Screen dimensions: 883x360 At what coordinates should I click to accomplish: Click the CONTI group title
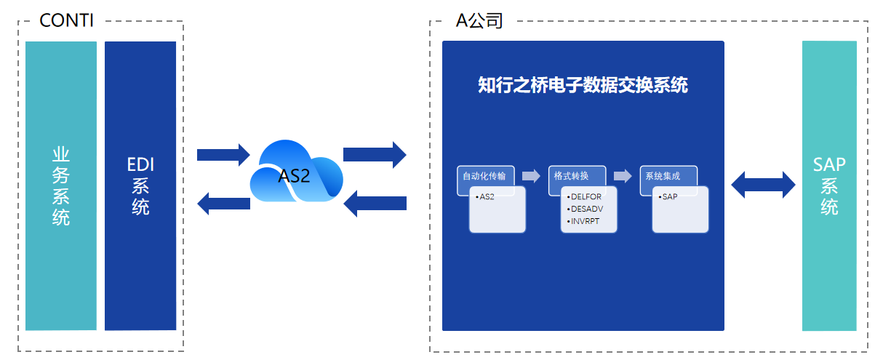tap(66, 20)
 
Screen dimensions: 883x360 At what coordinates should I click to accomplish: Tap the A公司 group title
tap(479, 20)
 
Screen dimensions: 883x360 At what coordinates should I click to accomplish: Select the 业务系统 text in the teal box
tap(61, 186)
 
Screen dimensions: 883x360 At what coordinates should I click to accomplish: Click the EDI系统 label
tap(140, 186)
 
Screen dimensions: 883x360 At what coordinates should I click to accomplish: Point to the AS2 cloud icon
tap(297, 171)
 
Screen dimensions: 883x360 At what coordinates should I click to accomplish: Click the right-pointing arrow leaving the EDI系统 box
tap(223, 155)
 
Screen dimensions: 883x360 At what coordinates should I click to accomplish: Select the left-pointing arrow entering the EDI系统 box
tap(223, 204)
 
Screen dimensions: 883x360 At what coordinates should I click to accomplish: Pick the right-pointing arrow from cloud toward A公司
tap(375, 155)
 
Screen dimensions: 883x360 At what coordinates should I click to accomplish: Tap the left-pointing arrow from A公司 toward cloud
tap(375, 204)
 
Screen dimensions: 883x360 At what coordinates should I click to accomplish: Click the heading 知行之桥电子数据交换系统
tap(583, 85)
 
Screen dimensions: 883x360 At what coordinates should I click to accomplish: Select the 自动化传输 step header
tap(484, 176)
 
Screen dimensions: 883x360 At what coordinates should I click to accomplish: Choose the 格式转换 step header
tap(571, 176)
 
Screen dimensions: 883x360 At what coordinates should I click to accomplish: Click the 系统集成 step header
tap(663, 176)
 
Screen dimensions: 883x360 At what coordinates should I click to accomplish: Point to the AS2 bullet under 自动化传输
tap(485, 197)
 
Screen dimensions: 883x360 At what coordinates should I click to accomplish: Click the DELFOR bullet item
tap(584, 197)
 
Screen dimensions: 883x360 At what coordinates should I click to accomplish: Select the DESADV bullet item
tap(585, 209)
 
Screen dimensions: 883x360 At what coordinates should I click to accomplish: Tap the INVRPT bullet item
tap(583, 221)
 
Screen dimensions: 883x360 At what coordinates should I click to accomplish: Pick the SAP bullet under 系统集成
tap(668, 197)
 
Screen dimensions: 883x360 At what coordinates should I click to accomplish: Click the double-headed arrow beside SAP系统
tap(763, 185)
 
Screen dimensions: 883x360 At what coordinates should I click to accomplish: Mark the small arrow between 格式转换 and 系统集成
tap(623, 176)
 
